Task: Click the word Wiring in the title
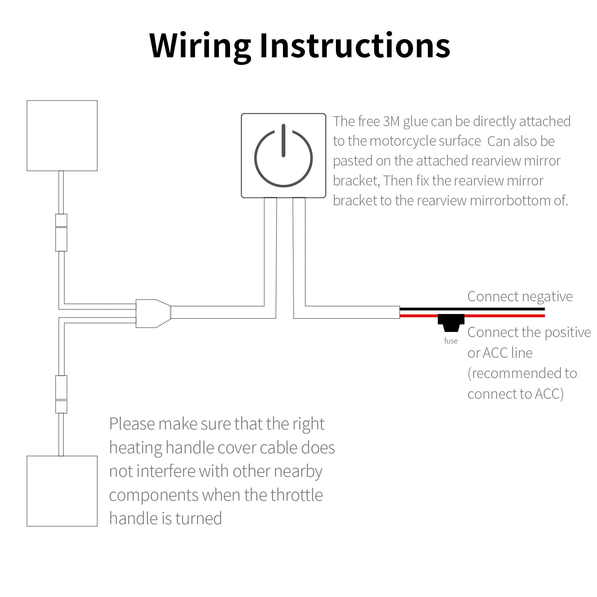[x=200, y=46]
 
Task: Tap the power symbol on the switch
[x=283, y=157]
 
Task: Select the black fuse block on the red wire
[x=451, y=322]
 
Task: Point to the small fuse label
[x=451, y=341]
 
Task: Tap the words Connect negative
[x=519, y=297]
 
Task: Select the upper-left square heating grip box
[x=62, y=136]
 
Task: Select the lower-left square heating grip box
[x=62, y=491]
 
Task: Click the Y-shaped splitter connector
[x=153, y=314]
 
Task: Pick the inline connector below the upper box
[x=61, y=233]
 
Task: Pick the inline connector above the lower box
[x=61, y=394]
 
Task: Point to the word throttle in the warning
[x=297, y=496]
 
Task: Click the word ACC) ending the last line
[x=549, y=394]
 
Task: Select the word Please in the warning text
[x=132, y=424]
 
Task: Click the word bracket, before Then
[x=356, y=181]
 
